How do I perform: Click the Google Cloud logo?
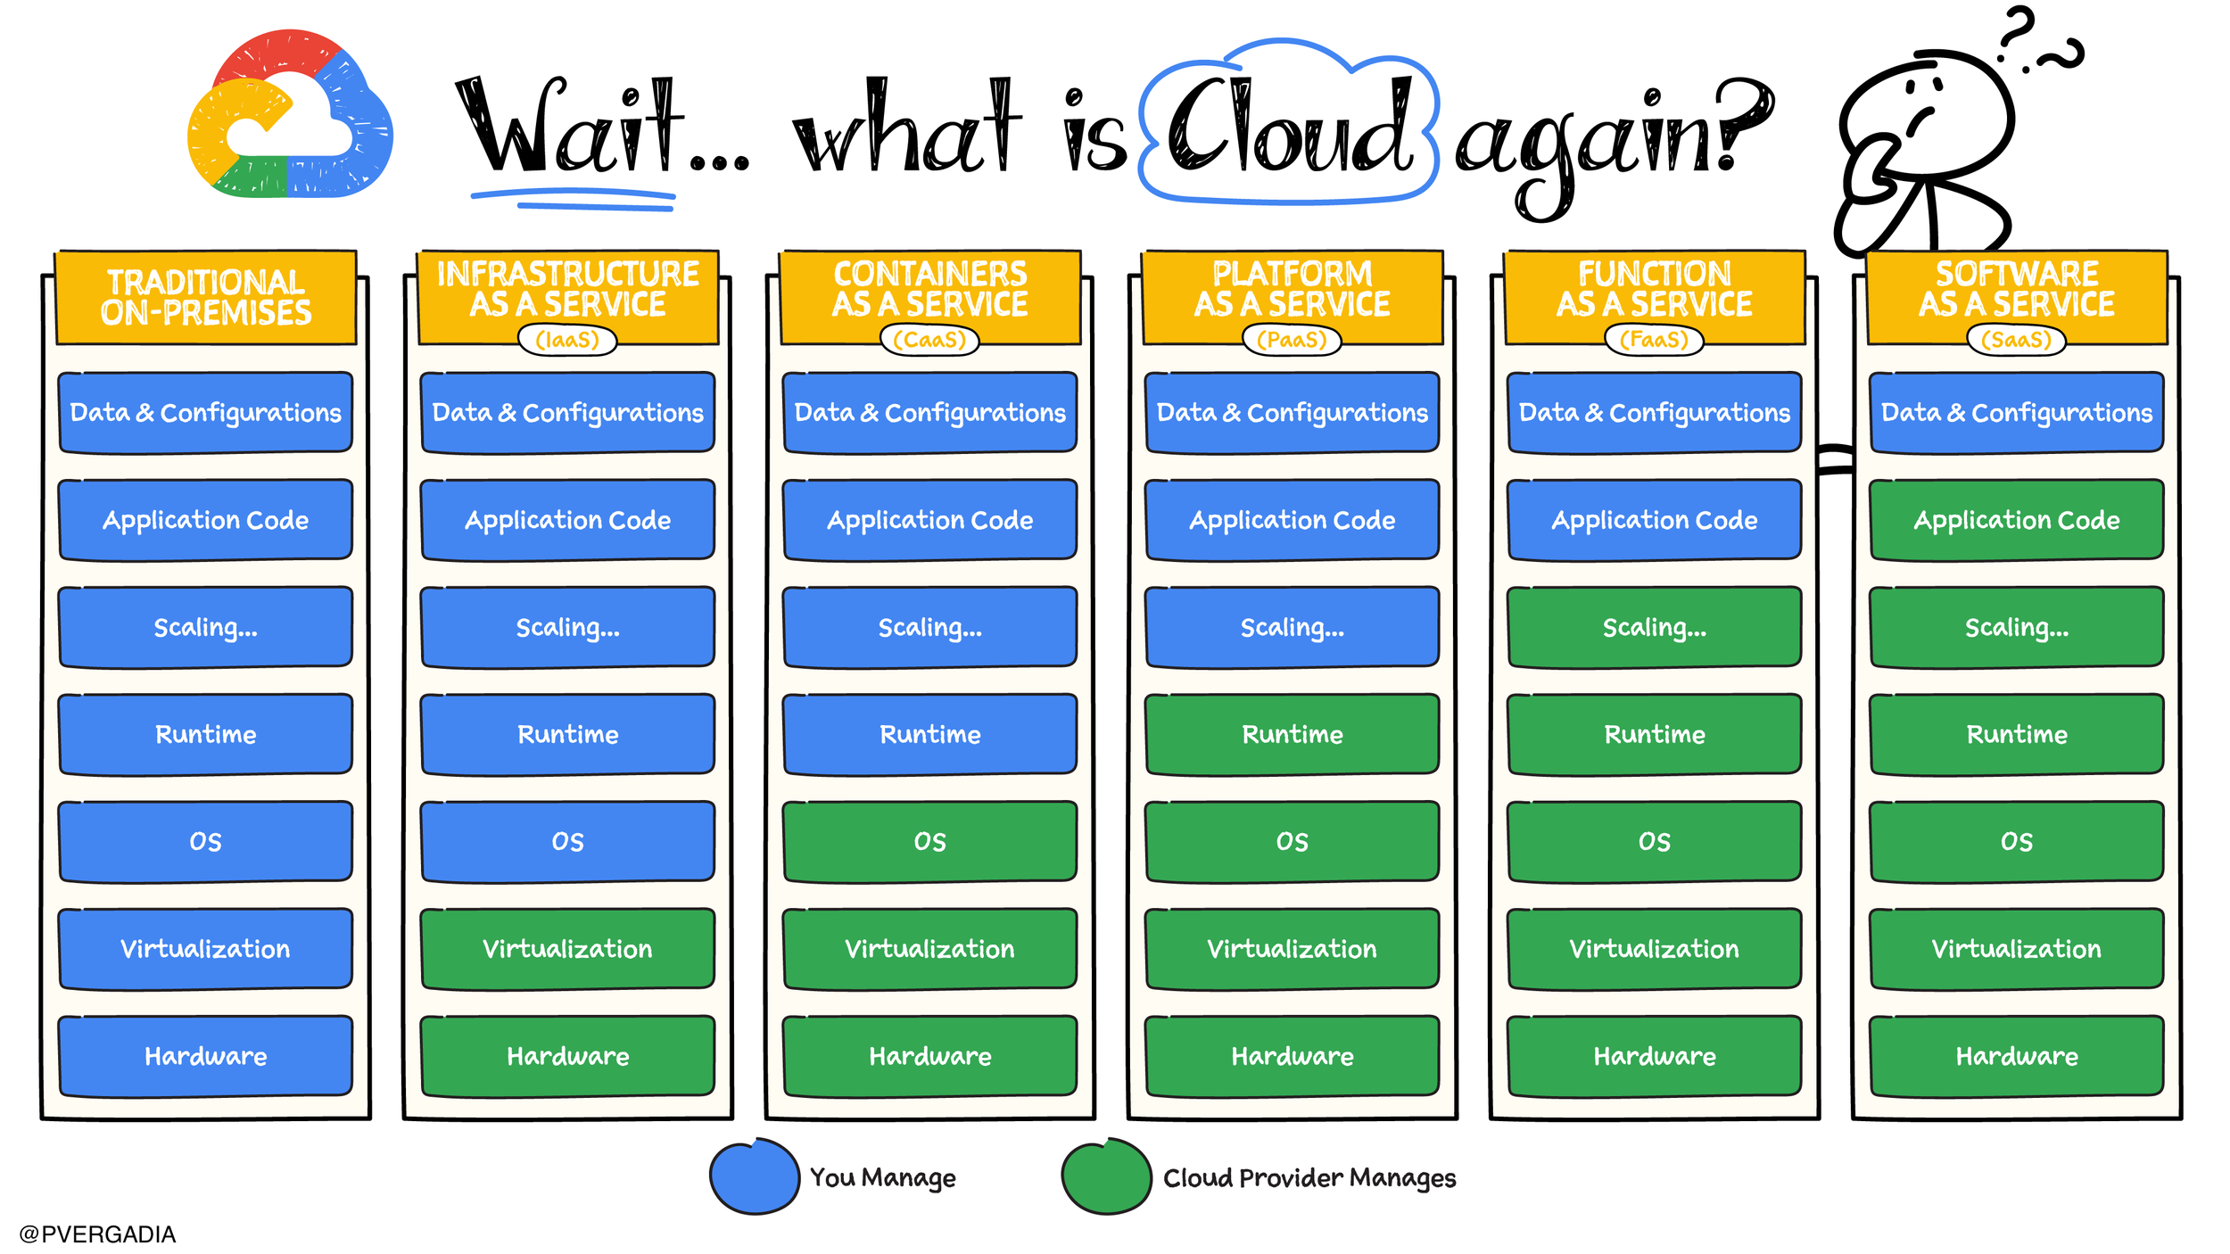pos(289,114)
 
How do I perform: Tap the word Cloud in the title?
pos(1288,125)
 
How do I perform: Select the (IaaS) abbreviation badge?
pos(567,340)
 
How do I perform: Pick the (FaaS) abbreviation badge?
pos(1654,340)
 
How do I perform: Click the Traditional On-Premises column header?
pos(206,297)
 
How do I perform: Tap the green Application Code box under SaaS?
pos(2016,520)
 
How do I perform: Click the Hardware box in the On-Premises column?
pos(206,1056)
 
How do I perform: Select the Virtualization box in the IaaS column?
pos(567,948)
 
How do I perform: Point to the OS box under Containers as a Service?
pos(929,841)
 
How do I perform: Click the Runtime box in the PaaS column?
pos(1292,734)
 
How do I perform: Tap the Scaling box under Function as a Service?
pos(1654,627)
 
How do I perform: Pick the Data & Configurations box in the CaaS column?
pos(929,412)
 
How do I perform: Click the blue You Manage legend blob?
pos(755,1176)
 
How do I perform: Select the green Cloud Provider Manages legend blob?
pos(1106,1176)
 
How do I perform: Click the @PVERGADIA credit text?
pos(97,1234)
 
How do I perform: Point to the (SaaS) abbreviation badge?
pos(2016,340)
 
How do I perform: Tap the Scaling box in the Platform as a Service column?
pos(1292,627)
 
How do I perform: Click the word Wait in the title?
pos(571,129)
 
